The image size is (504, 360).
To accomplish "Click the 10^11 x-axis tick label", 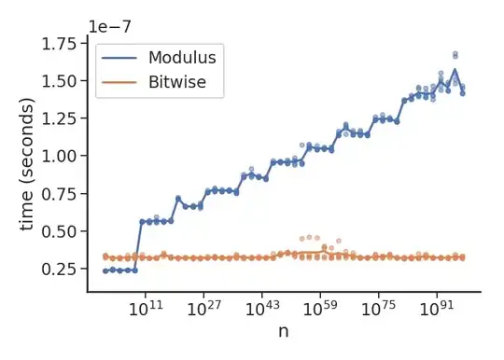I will pyautogui.click(x=146, y=307).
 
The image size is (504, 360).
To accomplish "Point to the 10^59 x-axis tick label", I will pyautogui.click(x=320, y=307).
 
